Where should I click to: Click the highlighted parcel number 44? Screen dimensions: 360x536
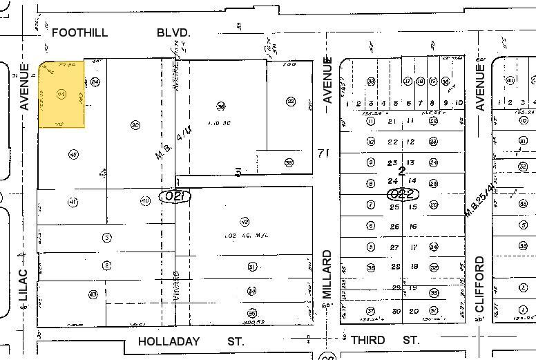(61, 94)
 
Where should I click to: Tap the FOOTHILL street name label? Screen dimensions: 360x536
(77, 32)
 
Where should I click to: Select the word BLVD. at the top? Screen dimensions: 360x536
(173, 32)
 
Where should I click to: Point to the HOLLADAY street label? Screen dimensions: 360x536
(169, 341)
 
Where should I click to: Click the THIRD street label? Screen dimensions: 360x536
(367, 340)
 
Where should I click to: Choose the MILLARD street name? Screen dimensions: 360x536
(327, 274)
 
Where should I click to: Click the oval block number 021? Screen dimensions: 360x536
(175, 196)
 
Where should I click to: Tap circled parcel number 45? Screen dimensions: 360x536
(73, 154)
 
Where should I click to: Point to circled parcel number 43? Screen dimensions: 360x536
(93, 294)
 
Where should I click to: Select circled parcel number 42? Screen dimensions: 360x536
(245, 222)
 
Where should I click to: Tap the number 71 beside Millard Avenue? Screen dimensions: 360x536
(320, 152)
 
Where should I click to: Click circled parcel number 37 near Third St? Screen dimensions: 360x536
(371, 310)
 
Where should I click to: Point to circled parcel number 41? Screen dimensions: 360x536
(72, 202)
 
